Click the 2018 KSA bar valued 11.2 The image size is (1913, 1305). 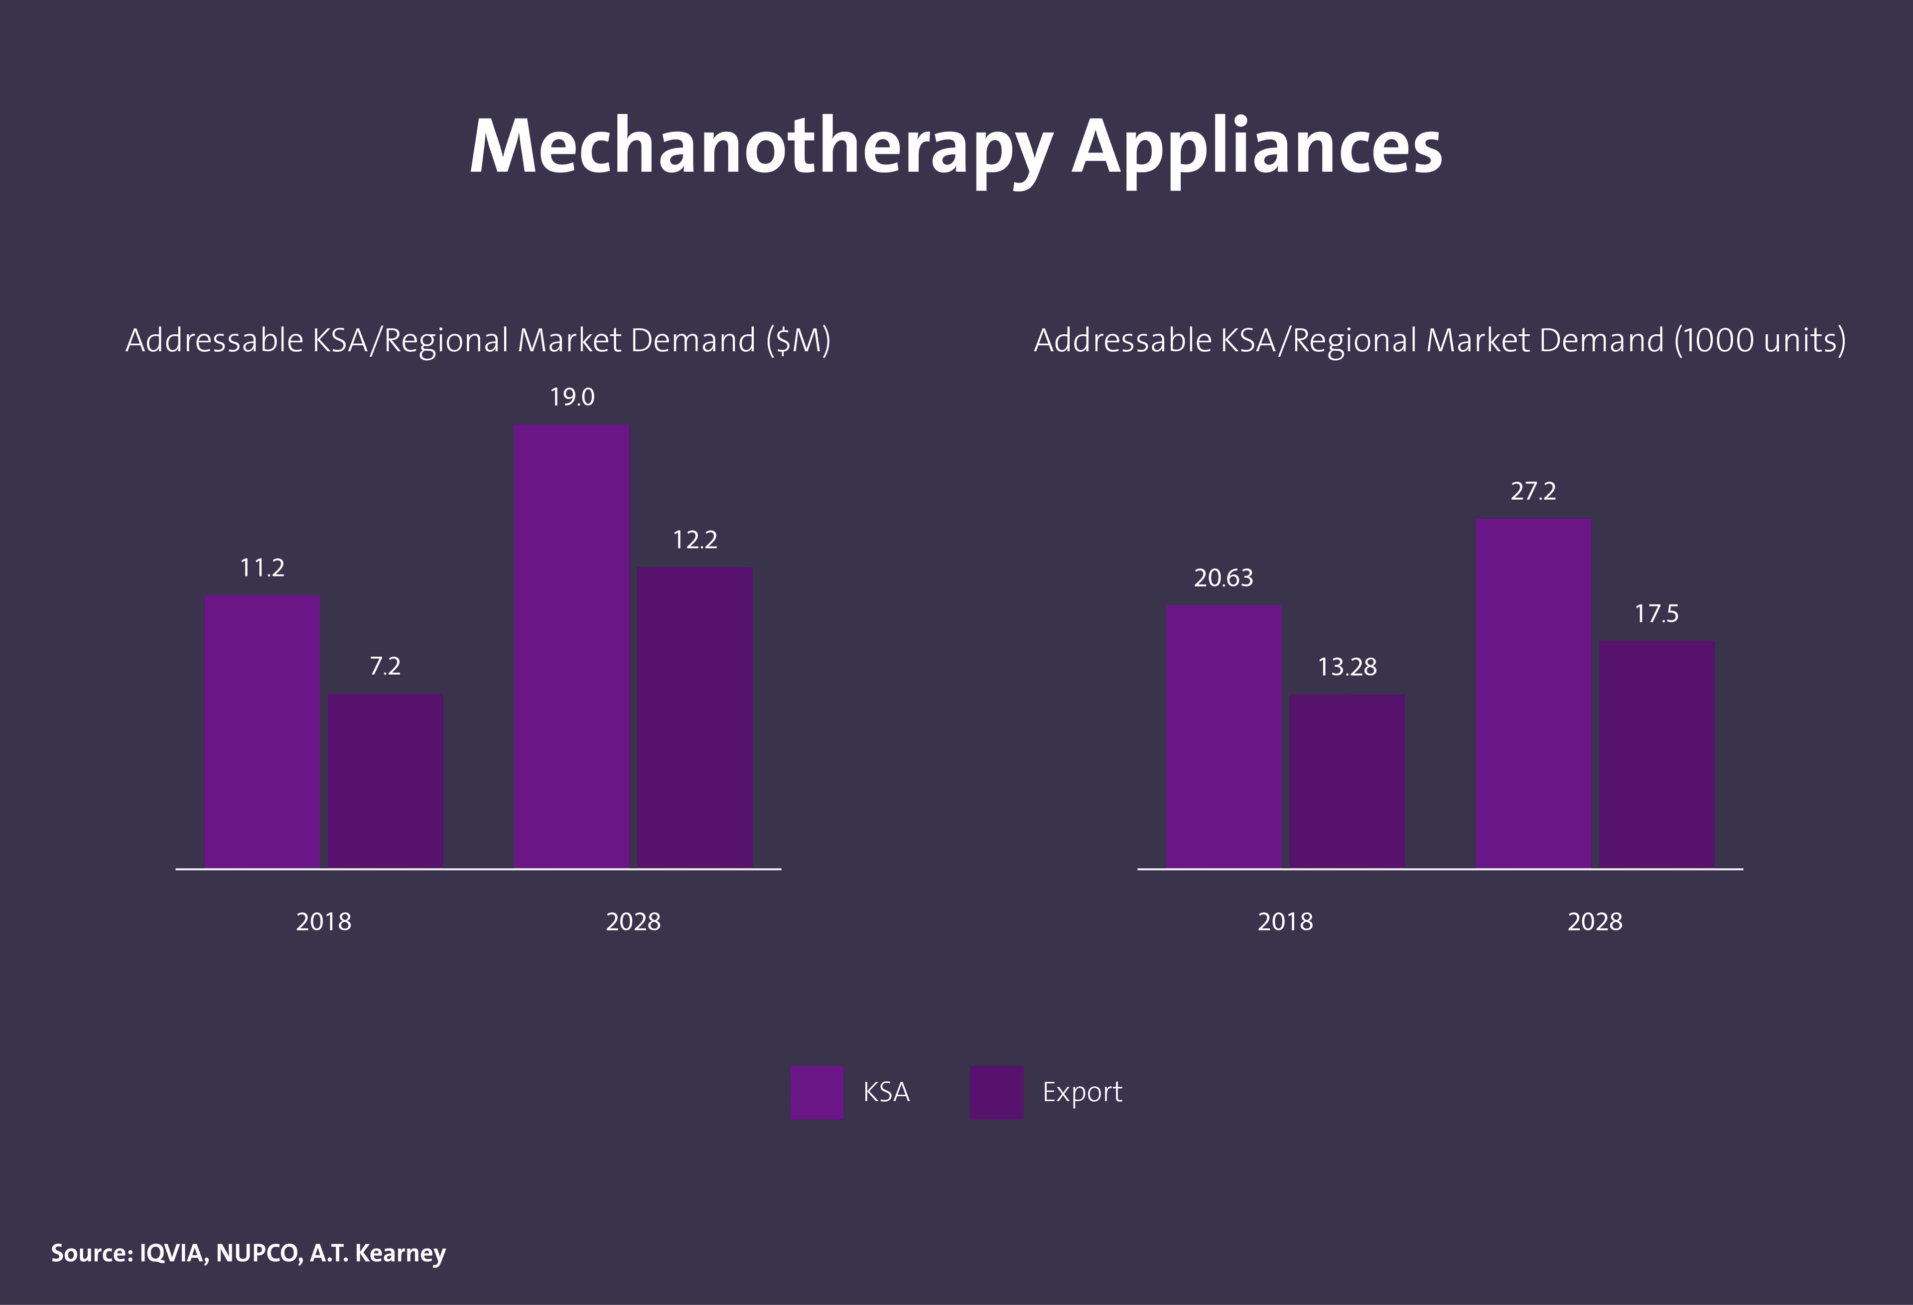pos(262,730)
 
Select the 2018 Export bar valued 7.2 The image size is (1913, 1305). pos(385,780)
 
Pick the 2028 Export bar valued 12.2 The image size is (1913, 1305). pos(695,717)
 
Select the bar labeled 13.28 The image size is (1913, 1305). pos(1347,780)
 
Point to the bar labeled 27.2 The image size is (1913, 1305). pos(1533,693)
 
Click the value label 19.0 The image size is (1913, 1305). pos(572,398)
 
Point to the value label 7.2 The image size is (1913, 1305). pos(385,666)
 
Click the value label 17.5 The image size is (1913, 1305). pos(1656,613)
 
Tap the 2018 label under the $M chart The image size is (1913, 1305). pos(323,921)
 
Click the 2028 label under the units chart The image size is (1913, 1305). pos(1595,921)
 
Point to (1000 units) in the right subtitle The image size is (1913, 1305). pos(1759,340)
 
